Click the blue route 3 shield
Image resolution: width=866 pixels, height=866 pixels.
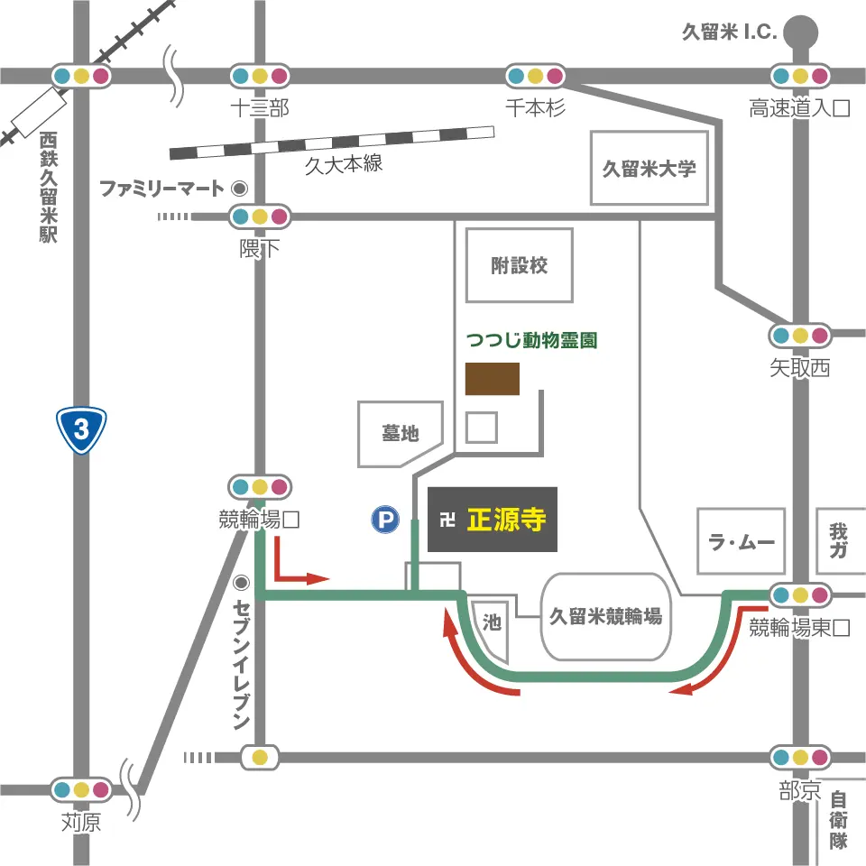(82, 430)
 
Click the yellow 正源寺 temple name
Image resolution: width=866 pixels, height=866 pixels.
(506, 520)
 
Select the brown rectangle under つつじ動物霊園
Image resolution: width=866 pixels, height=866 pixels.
(493, 379)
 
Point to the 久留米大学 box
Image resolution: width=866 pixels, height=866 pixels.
(649, 168)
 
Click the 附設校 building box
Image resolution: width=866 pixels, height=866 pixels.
(520, 265)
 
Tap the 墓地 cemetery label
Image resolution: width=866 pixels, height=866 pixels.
(401, 433)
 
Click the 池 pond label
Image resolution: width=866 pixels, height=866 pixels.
(492, 622)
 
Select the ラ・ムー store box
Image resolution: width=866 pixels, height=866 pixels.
(742, 541)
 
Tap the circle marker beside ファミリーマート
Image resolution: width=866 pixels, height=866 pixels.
(239, 189)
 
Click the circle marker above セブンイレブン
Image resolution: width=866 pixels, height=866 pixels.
(241, 582)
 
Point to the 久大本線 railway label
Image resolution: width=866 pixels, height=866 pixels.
(344, 163)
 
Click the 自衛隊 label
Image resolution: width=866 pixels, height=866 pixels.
(839, 820)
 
